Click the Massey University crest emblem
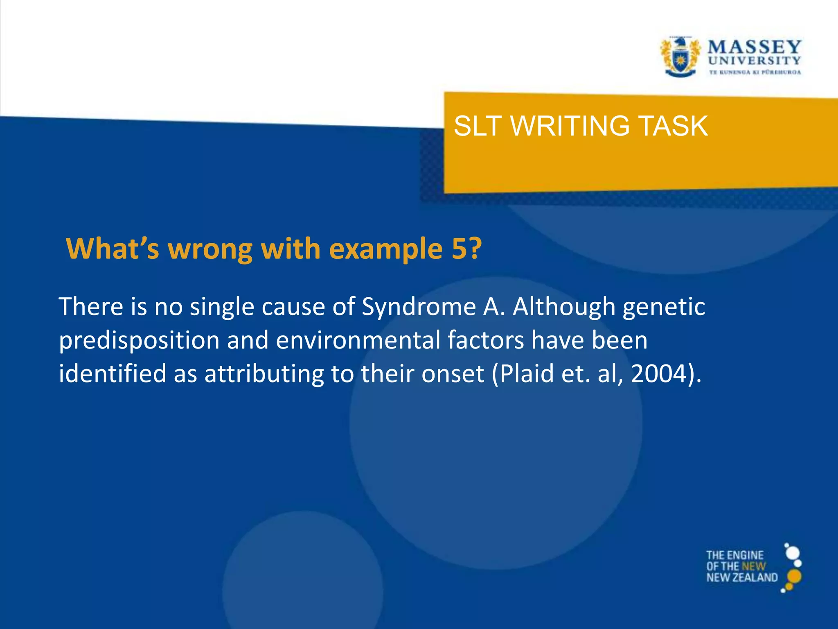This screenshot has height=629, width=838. pos(680,57)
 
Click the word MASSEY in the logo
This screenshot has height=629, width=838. pos(754,47)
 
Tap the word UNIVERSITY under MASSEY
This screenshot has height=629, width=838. pos(754,61)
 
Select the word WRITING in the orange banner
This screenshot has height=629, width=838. pos(570,126)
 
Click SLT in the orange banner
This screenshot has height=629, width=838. pos(478,126)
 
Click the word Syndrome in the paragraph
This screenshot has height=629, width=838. pos(418,307)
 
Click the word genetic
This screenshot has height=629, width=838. pos(664,307)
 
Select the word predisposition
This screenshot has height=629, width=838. pos(139,341)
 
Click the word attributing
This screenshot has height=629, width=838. pos(264,374)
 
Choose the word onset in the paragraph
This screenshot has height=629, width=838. pos(453,374)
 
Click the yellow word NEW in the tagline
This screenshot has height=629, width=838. pos(753,566)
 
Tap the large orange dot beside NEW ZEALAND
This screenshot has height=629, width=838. pos(794,576)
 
